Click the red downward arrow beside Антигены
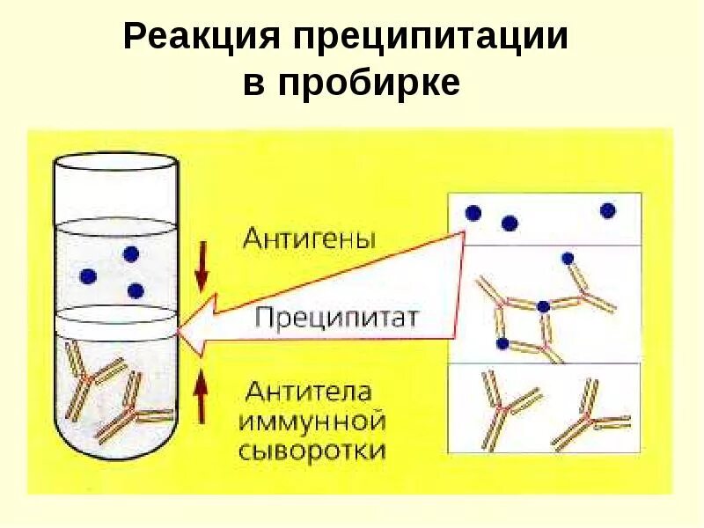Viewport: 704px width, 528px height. click(x=202, y=268)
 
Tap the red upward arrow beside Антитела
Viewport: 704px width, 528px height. click(x=202, y=394)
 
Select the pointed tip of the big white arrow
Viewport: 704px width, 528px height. click(x=179, y=333)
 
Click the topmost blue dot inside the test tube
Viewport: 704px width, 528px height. click(x=131, y=254)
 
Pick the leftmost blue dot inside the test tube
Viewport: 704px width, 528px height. click(x=87, y=276)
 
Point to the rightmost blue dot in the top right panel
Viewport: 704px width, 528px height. click(x=607, y=210)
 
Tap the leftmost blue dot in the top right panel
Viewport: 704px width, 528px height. click(x=473, y=213)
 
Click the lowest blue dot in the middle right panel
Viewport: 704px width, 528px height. click(x=502, y=342)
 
